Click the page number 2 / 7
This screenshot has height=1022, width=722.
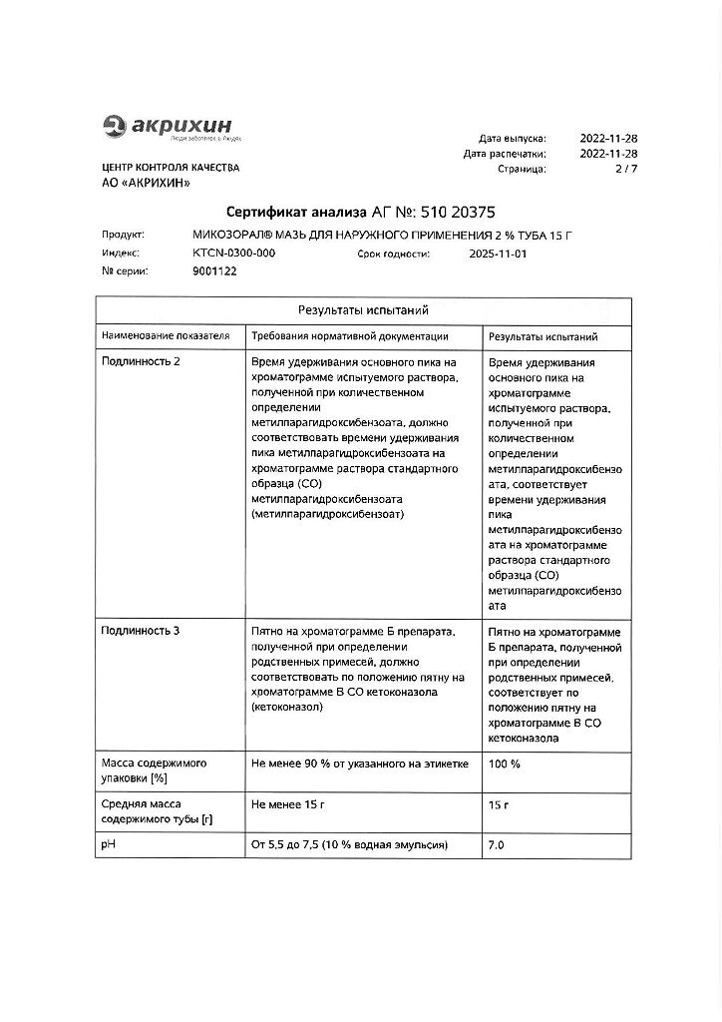(x=623, y=170)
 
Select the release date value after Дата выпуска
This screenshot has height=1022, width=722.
(x=608, y=139)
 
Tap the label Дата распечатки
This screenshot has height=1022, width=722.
(x=504, y=154)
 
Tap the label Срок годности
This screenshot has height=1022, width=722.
(x=393, y=255)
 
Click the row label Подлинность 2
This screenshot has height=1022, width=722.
(x=141, y=361)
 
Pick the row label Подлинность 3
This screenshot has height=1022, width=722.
(x=141, y=631)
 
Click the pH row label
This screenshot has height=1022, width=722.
(x=109, y=845)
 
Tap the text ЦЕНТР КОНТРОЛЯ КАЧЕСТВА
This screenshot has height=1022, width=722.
(x=170, y=168)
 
